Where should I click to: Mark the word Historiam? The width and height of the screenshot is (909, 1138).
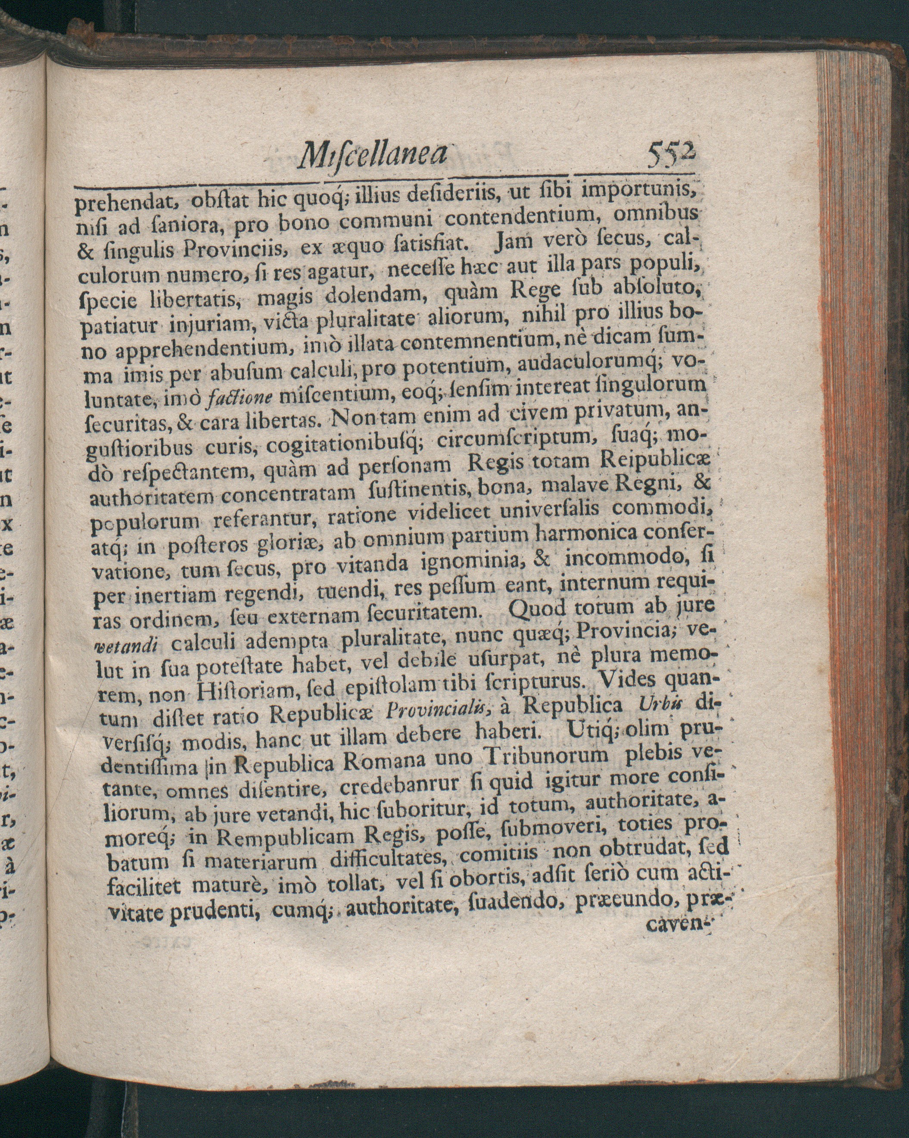242,692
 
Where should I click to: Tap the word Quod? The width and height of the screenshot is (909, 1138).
536,611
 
